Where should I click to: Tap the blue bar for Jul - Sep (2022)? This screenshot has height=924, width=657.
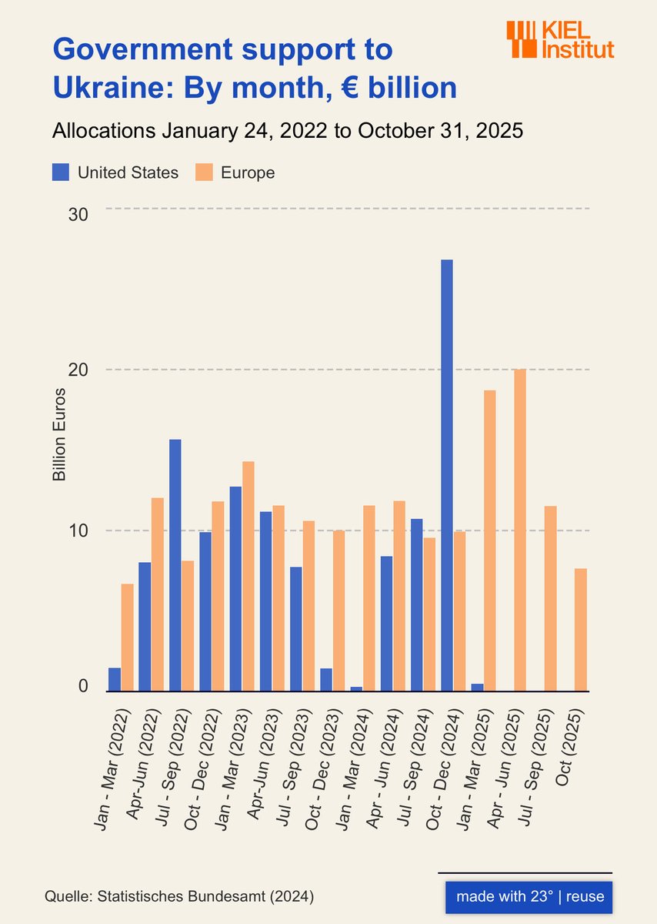(175, 565)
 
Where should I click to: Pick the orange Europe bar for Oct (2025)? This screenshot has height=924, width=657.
(581, 629)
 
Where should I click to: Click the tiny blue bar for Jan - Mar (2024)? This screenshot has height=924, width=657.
(356, 688)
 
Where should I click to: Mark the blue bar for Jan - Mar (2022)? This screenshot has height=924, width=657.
(115, 679)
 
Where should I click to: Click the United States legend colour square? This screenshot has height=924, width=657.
(61, 172)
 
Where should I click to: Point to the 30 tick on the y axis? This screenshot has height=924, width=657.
(78, 214)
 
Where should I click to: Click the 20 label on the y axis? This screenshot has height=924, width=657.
(78, 370)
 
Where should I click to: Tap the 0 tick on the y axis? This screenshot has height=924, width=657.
(82, 686)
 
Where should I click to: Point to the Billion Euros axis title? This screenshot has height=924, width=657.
(59, 434)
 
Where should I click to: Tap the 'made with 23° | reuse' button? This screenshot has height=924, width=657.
(529, 897)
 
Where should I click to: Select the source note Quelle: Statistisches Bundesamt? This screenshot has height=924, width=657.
(178, 897)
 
